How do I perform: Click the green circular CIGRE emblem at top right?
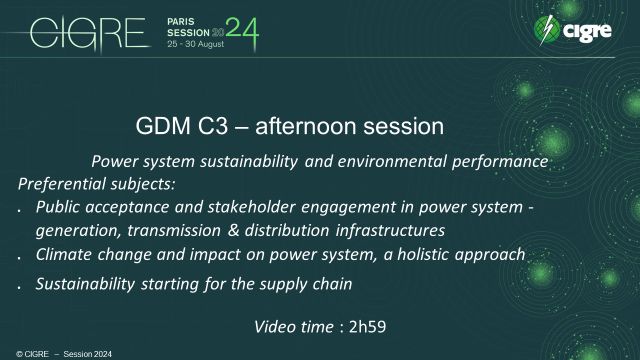coord(548,31)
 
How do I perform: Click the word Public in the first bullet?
coord(59,207)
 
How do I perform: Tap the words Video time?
coord(294,326)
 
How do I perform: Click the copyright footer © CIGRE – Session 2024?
coord(52,353)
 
